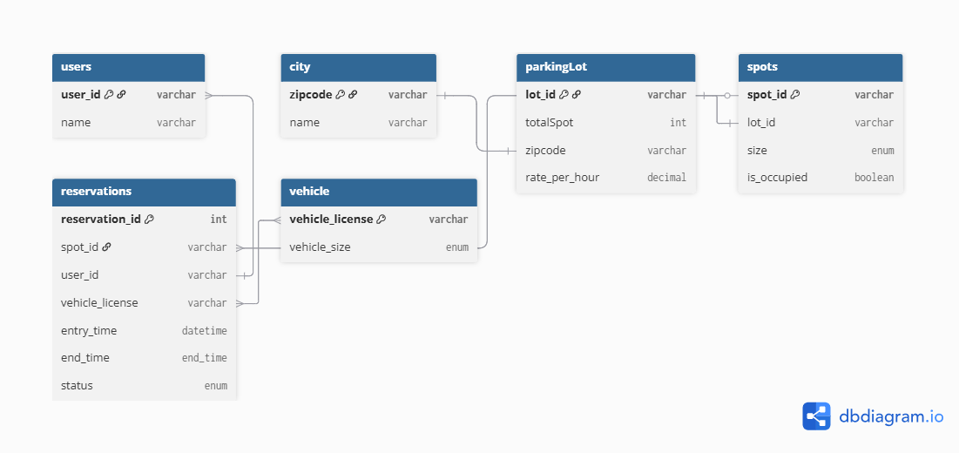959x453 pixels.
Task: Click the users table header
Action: [x=128, y=67]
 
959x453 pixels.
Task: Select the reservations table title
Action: [x=96, y=192]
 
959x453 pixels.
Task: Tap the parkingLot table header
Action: [x=605, y=67]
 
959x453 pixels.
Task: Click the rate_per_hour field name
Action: [x=562, y=178]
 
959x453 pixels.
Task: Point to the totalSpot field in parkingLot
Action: [x=550, y=122]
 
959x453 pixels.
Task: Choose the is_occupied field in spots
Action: [x=777, y=178]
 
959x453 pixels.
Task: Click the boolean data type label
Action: [x=874, y=178]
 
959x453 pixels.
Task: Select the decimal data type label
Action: [x=666, y=178]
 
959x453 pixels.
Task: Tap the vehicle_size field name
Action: [x=320, y=247]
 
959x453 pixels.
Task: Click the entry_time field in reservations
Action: [x=89, y=331]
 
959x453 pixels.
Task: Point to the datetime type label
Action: [x=205, y=331]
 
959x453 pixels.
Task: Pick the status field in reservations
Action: [x=77, y=386]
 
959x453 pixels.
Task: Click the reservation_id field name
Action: [x=101, y=220]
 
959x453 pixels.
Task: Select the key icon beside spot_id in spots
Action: [x=795, y=95]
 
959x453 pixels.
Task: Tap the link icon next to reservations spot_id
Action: [x=106, y=247]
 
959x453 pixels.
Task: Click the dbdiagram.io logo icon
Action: [x=816, y=416]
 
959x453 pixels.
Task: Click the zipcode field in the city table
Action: [x=311, y=95]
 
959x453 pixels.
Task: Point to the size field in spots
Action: [x=757, y=151]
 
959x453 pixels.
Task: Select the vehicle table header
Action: [x=379, y=192]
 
